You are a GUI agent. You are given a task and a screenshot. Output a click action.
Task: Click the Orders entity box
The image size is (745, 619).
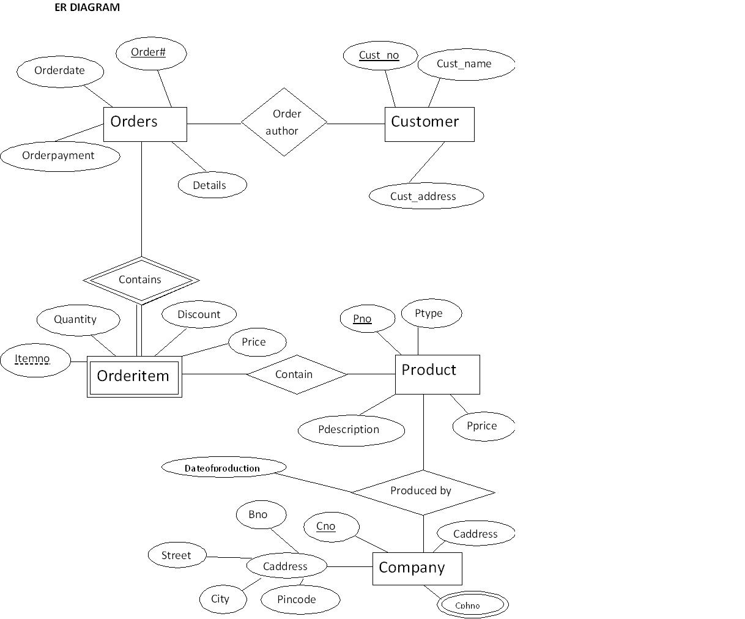(144, 124)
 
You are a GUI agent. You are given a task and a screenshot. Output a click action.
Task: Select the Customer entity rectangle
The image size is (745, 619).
(429, 124)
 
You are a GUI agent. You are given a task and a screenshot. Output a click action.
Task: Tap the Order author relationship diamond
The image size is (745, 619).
(284, 122)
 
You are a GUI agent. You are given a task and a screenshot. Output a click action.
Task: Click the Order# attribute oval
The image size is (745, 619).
(150, 53)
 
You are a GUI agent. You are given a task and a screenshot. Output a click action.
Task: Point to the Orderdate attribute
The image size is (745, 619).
(60, 71)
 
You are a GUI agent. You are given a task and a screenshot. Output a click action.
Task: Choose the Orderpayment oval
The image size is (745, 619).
(59, 155)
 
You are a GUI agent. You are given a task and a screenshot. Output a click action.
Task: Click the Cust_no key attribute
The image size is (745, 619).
(380, 56)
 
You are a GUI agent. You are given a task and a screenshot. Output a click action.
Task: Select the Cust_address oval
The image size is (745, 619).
(426, 196)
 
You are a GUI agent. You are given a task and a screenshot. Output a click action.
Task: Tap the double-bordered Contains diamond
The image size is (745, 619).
(141, 280)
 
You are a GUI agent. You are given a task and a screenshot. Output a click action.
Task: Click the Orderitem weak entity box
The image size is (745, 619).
(134, 376)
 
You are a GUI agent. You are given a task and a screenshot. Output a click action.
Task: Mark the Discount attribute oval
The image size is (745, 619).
(199, 314)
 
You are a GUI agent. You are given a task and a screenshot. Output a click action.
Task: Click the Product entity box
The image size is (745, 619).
(437, 374)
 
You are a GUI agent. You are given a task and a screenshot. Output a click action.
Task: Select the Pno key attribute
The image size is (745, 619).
(366, 319)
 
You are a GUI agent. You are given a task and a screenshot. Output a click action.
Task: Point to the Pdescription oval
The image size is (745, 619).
(350, 430)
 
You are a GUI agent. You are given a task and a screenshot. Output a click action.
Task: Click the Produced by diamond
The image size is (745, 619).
(423, 491)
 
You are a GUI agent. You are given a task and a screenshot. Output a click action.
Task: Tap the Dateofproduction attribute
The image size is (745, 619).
(223, 468)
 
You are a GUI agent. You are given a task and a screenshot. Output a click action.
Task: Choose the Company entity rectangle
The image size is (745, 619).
(417, 568)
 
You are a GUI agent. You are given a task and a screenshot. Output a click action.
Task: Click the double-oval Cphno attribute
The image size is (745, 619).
(472, 606)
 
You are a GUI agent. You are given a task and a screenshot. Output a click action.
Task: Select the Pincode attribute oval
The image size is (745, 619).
(300, 599)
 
